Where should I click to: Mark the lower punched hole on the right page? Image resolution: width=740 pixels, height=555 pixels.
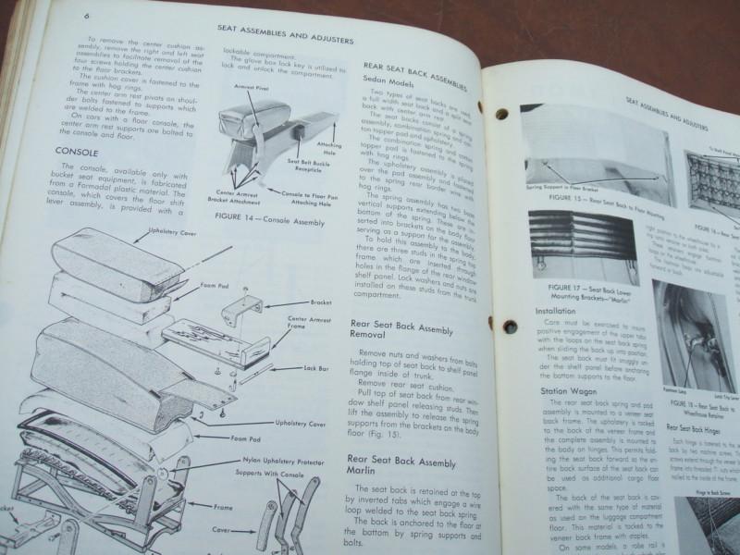click(x=508, y=325)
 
